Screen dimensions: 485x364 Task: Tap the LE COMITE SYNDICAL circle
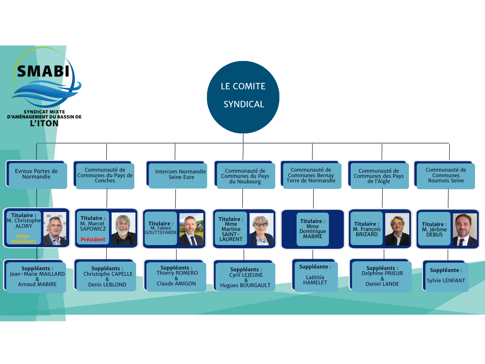243,97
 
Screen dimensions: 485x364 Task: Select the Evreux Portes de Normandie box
37,174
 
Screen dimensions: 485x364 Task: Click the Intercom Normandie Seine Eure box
177,174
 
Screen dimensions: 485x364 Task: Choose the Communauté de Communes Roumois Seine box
445,175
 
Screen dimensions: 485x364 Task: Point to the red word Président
93,239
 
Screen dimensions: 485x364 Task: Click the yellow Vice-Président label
24,239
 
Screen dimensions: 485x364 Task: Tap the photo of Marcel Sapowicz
123,229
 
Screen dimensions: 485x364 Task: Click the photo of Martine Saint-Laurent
261,229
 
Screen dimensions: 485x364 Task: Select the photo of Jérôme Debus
465,230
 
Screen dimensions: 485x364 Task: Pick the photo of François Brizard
397,229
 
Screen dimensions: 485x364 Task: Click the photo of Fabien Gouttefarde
192,229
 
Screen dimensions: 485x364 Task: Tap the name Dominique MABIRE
313,234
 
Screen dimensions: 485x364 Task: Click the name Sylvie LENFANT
446,281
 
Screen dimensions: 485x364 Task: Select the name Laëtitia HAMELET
315,280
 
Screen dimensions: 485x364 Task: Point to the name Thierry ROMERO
177,273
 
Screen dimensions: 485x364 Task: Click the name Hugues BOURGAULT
245,285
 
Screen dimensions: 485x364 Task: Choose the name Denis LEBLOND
107,285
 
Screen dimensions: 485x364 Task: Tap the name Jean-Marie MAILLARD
37,274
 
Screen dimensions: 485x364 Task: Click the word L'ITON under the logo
44,123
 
